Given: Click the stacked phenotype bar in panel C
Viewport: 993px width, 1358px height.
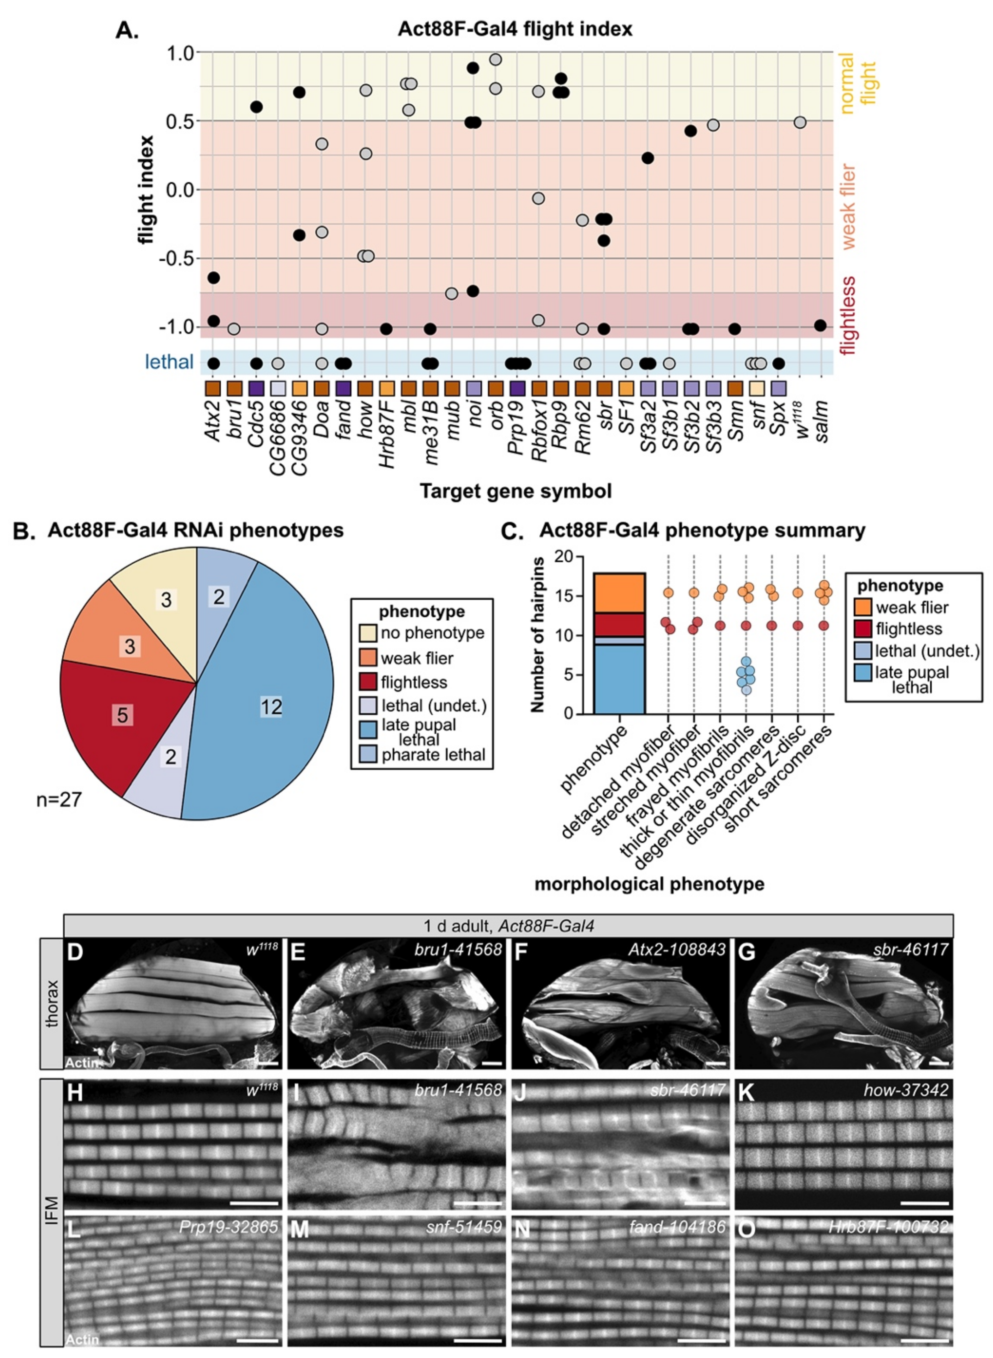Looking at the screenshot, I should tap(619, 643).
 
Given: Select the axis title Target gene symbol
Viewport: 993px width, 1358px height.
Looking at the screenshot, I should tap(515, 491).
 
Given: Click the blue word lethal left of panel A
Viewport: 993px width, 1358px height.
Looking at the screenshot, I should tap(170, 362).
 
